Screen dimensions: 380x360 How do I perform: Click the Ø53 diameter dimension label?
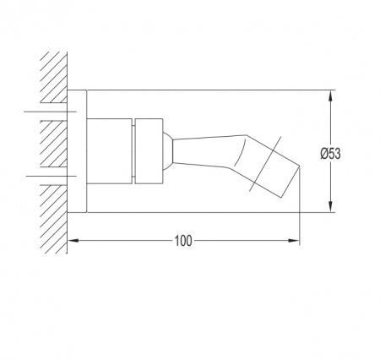click(x=330, y=154)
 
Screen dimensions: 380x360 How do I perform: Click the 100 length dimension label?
click(x=183, y=241)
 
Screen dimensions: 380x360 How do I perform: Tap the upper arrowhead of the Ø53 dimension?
click(x=331, y=96)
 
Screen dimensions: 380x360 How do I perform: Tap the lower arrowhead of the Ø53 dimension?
click(x=331, y=206)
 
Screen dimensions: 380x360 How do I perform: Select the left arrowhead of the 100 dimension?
click(x=73, y=241)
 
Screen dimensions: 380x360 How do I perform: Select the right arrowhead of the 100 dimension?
click(x=294, y=241)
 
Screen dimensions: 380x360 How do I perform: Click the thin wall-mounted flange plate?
click(x=77, y=151)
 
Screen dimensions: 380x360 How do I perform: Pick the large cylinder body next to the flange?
click(x=109, y=151)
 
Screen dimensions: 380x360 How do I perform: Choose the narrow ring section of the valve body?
click(x=149, y=151)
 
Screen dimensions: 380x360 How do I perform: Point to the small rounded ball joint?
click(x=168, y=151)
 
